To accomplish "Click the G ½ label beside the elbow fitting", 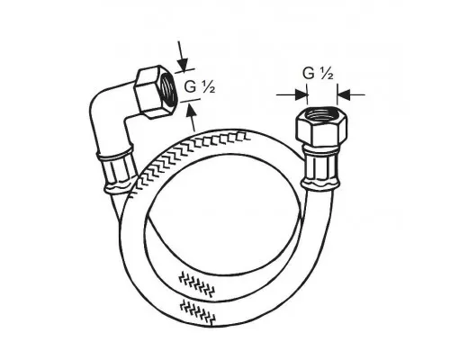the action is pos(199,87).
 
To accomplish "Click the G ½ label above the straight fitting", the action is pos(318,73).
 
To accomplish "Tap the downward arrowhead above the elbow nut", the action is pos(183,65).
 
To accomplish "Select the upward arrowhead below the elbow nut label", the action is pos(191,109).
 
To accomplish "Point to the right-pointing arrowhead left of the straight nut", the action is pos(301,94).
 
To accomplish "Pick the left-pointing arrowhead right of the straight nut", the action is pos(344,94).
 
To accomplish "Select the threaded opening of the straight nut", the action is pos(322,113).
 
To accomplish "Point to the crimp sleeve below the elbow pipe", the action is pos(116,173).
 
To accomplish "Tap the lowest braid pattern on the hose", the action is pos(198,312).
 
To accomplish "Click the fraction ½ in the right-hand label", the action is pos(326,73).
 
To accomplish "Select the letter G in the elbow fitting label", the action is pos(190,87).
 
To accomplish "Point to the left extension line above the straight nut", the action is pos(308,94).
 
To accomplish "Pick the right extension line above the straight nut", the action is pos(337,94).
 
